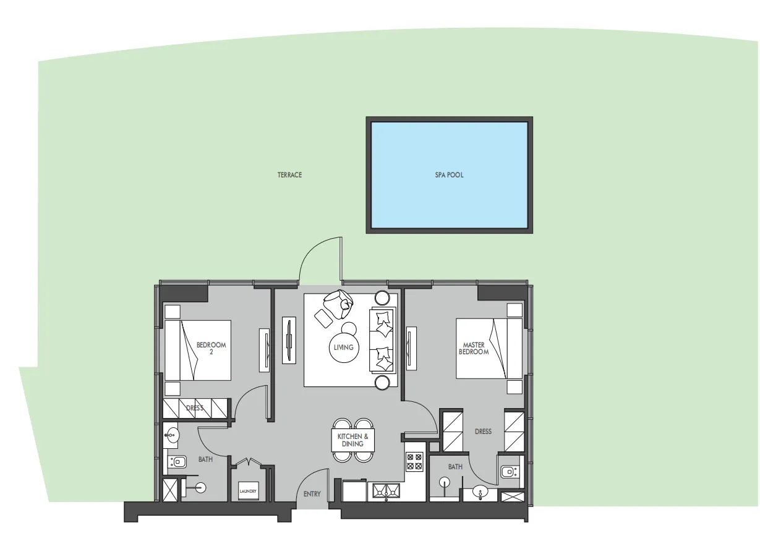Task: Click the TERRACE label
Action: (289, 175)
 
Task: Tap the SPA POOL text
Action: (449, 175)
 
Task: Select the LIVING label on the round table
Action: (343, 347)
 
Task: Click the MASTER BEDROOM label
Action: (474, 348)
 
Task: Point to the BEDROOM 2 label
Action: (211, 348)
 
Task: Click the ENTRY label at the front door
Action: (312, 494)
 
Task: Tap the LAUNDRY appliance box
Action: (248, 490)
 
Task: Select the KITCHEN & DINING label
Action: (352, 440)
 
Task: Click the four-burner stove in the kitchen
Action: (414, 462)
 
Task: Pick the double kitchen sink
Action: (386, 491)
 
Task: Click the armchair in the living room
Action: (338, 304)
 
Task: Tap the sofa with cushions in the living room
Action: (383, 341)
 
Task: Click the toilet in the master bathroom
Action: (510, 472)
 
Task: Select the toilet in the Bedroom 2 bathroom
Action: (177, 462)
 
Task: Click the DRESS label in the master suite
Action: (483, 432)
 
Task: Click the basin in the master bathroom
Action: (480, 492)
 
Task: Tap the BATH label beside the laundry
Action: (205, 459)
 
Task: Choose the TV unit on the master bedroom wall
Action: (411, 348)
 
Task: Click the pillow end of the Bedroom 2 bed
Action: (173, 351)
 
